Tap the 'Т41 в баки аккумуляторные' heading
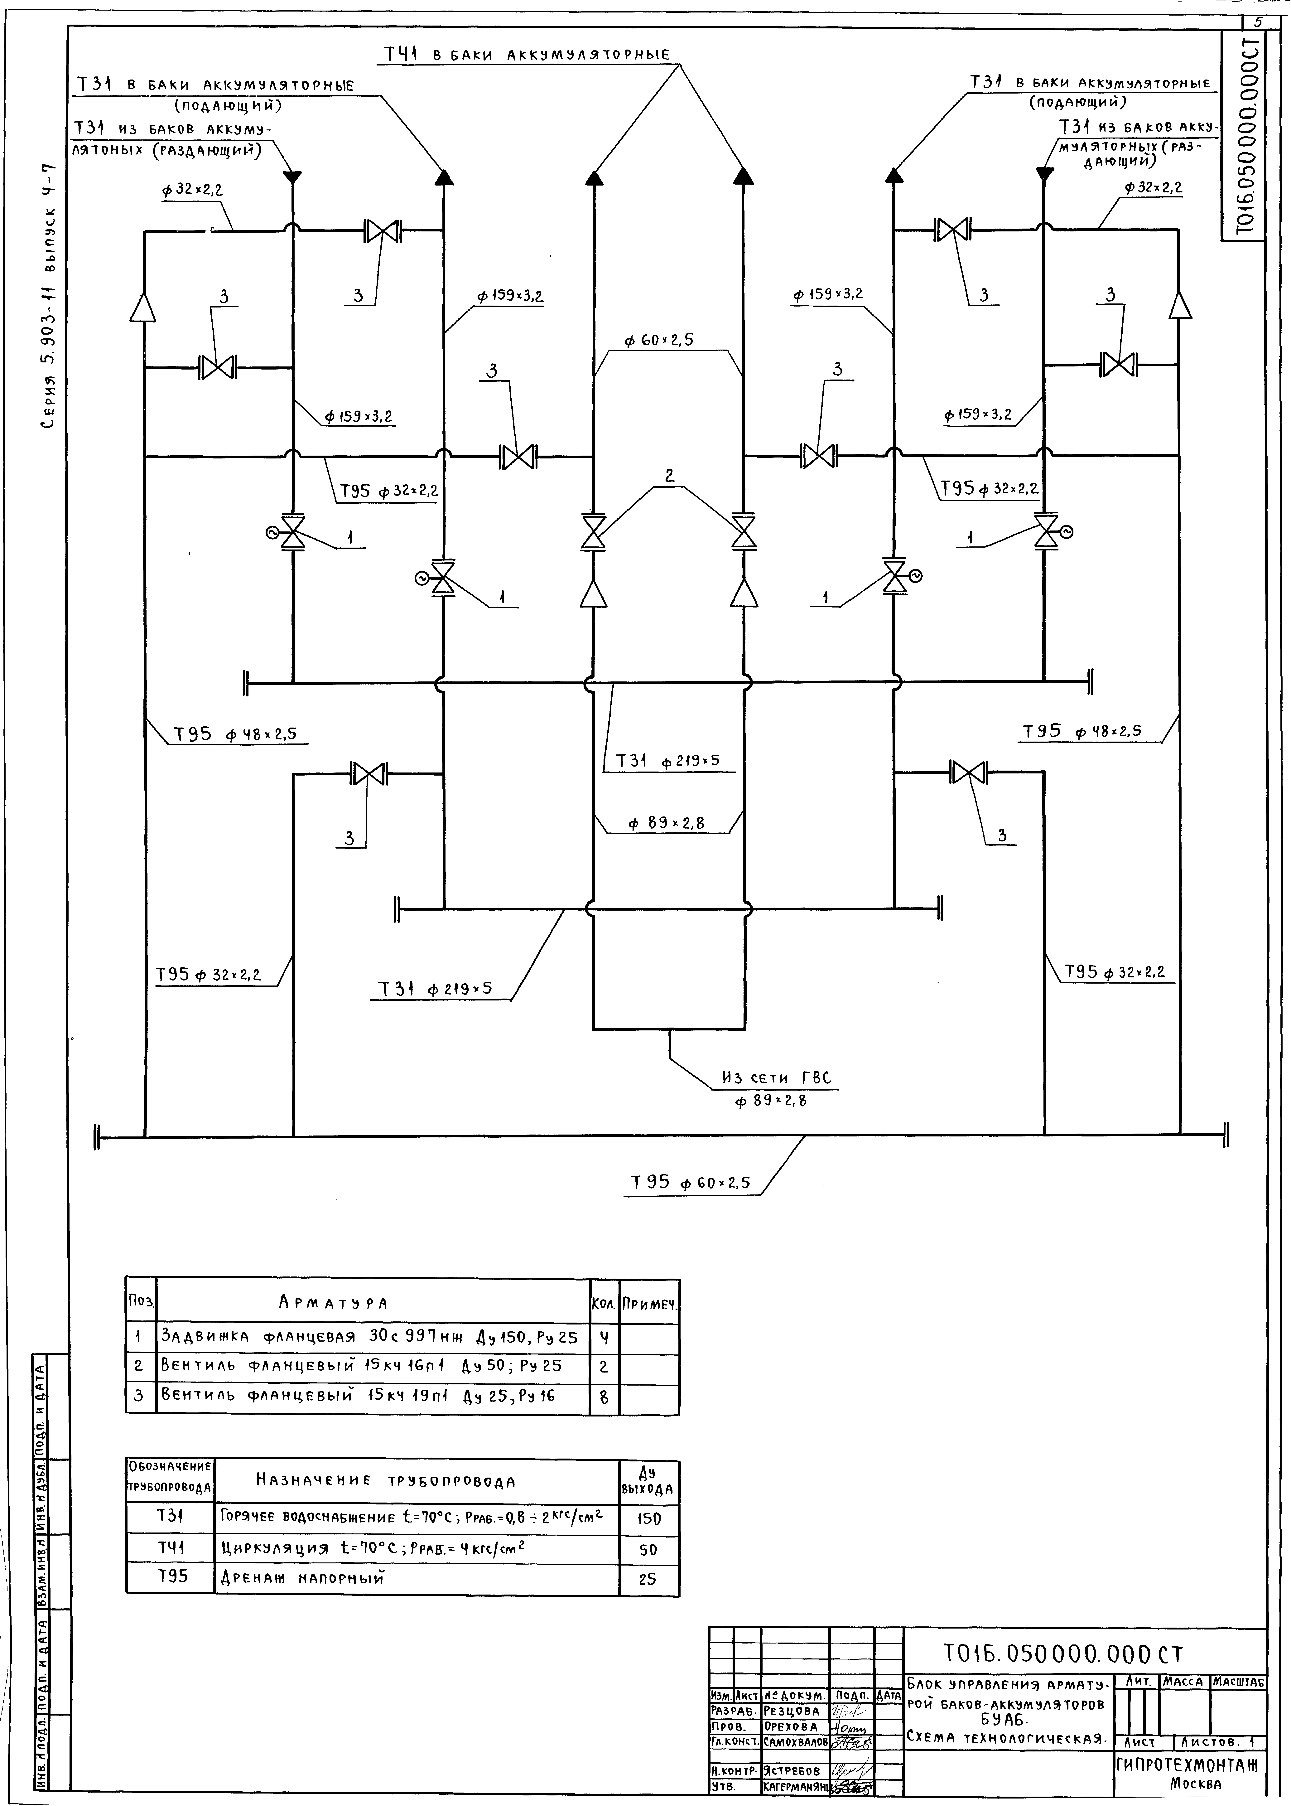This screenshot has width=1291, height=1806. click(527, 55)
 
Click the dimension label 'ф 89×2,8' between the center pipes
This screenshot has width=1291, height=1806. click(666, 824)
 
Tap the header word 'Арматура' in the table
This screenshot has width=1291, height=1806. click(334, 1303)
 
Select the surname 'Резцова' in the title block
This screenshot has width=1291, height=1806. click(792, 1711)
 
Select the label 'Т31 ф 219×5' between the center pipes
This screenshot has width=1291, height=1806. click(668, 761)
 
